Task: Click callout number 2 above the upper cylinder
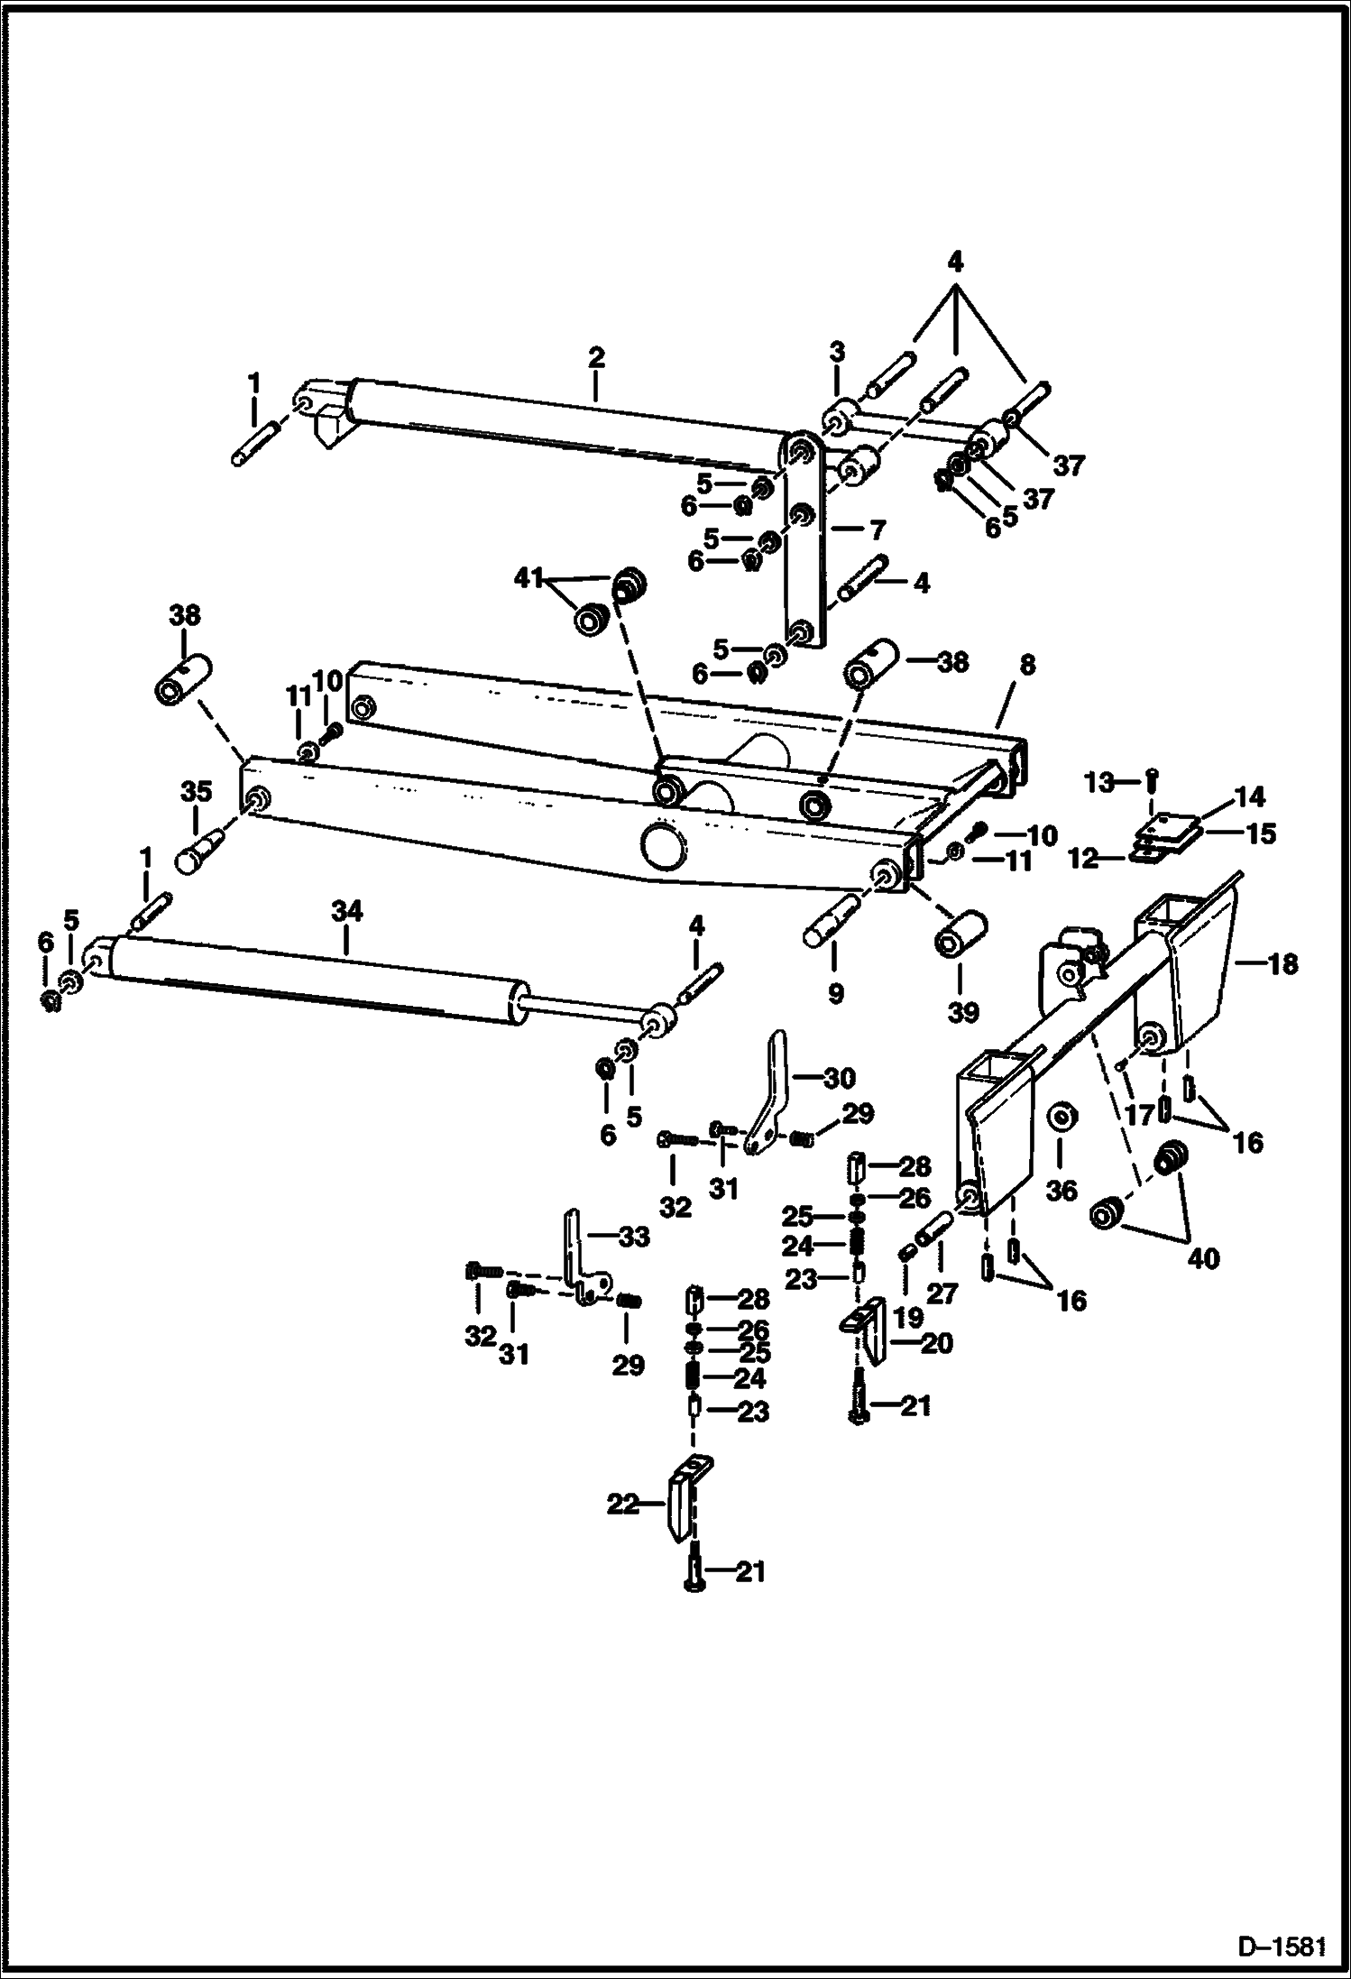pos(595,356)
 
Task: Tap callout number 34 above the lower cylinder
pos(346,912)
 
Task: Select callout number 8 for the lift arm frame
pos(1026,665)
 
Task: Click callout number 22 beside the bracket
pos(623,1505)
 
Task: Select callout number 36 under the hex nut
pos(1061,1190)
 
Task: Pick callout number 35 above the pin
pos(196,792)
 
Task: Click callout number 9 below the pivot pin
pos(835,994)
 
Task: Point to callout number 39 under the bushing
pos(963,1012)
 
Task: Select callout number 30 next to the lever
pos(839,1077)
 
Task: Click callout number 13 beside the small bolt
pos(1100,783)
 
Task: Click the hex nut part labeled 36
pos(1062,1118)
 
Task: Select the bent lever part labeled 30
pos(775,1091)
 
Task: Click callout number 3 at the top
pos(837,352)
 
